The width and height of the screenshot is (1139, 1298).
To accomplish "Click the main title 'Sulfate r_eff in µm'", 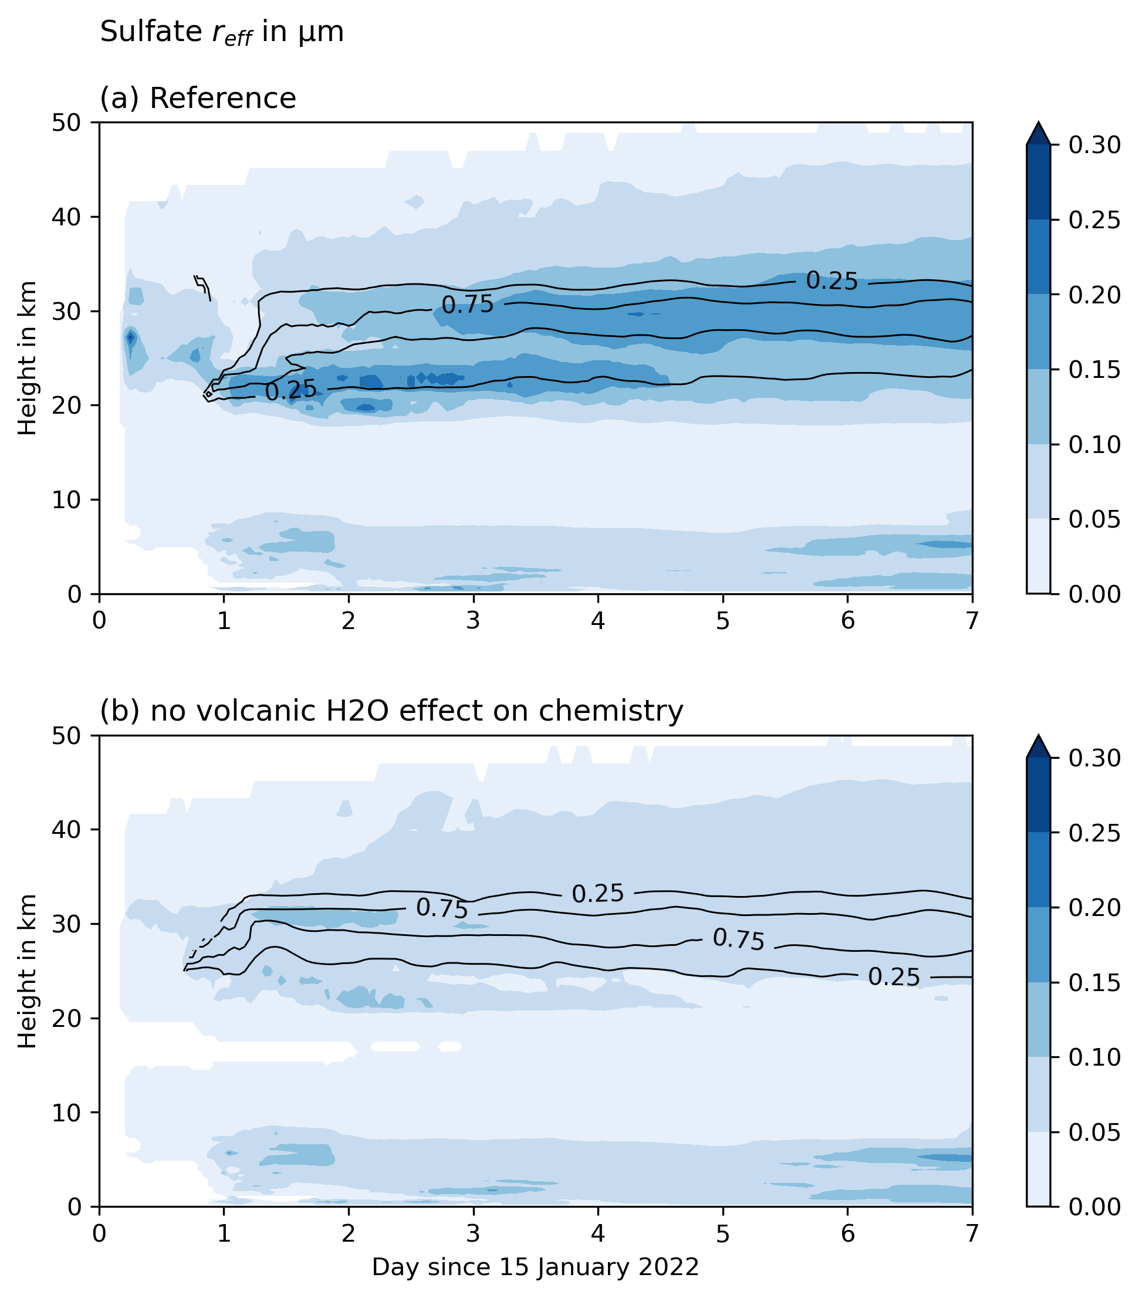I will pos(222,32).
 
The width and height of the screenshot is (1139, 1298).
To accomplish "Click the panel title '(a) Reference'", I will pos(197,99).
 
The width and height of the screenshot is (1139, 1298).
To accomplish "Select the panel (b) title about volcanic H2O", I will pos(391,711).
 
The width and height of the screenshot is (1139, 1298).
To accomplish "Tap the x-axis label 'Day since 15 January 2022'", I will pos(535,1267).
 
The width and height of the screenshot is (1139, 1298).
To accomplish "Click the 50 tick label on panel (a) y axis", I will pos(67,123).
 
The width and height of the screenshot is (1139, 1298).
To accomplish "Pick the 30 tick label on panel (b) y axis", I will pos(67,924).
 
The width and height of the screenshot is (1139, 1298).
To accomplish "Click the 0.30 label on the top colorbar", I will pos(1094,146).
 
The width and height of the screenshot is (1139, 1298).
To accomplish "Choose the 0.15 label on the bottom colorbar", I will pos(1094,982).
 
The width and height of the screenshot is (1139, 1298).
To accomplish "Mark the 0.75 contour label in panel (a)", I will pos(467,305).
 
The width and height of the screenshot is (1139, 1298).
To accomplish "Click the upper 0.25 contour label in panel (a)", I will pos(832,280).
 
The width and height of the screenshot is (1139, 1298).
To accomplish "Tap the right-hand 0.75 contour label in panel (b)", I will pos(738,939).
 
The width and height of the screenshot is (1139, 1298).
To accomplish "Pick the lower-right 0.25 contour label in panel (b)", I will pos(894,977).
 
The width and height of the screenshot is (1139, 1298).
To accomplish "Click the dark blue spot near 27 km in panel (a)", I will pos(131,338).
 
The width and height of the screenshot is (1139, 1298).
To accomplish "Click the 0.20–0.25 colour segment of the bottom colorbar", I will pos(1038,870).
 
